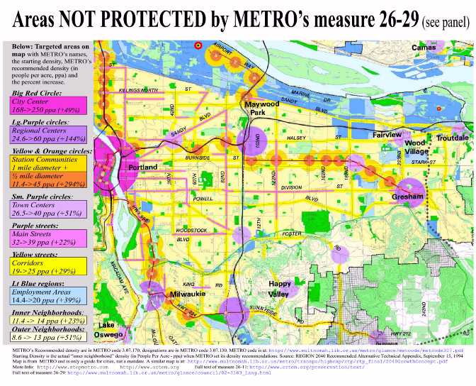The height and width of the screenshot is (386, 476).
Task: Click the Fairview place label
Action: click(x=387, y=134)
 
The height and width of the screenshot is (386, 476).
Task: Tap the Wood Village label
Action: click(x=418, y=147)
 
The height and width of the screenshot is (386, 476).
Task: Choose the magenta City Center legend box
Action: click(x=47, y=107)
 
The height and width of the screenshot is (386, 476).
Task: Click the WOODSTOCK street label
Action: click(x=191, y=231)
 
